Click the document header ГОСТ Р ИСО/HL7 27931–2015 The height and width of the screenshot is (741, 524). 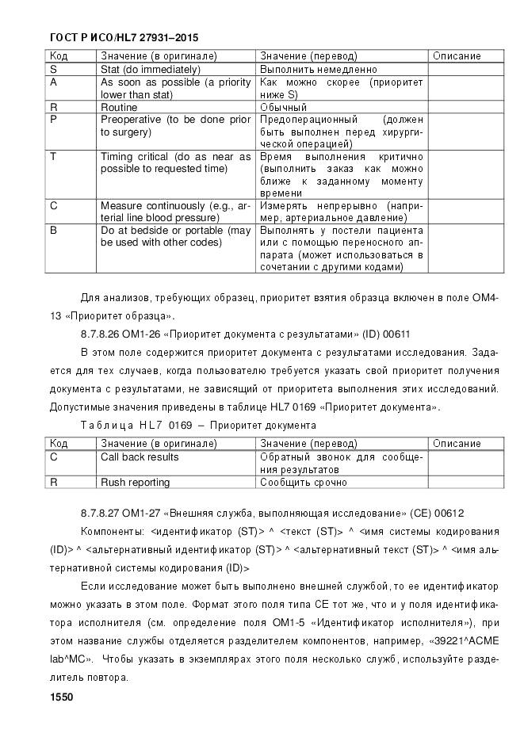124,37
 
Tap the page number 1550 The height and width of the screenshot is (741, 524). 61,697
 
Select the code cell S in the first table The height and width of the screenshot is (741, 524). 53,69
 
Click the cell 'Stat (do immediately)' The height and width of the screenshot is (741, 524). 143,69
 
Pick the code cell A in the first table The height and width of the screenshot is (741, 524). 53,82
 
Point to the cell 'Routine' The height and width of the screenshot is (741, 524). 119,107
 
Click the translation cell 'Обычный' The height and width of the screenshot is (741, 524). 283,107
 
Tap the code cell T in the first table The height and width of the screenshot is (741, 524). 53,157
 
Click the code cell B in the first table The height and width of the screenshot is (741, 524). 53,231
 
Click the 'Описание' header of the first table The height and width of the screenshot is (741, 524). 457,56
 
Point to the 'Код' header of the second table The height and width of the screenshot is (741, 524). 59,444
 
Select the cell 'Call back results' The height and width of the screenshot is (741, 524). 140,456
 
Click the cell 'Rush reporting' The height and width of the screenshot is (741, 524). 135,482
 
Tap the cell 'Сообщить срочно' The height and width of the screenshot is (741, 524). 304,482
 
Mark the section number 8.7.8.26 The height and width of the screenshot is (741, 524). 105,334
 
